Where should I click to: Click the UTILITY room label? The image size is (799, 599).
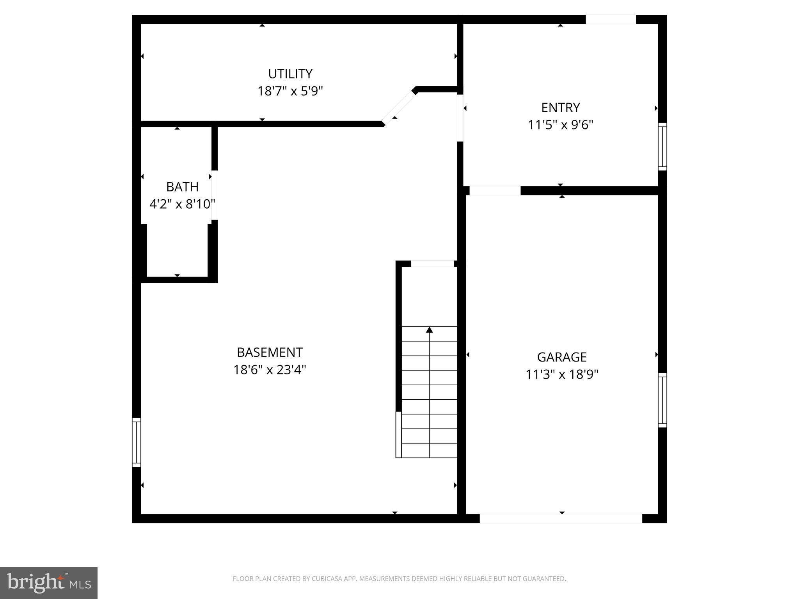(x=290, y=74)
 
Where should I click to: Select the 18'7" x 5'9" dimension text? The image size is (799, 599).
(x=290, y=91)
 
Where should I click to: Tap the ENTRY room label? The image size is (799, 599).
(x=560, y=107)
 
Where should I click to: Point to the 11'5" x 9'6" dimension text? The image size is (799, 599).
(x=560, y=125)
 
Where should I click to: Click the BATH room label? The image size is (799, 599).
(x=182, y=187)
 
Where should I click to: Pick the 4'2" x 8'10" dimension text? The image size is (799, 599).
(x=182, y=204)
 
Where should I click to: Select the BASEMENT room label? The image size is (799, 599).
(x=270, y=352)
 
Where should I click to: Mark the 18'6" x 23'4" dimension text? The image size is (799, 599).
(x=270, y=370)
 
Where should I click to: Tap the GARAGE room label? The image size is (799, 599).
(x=562, y=357)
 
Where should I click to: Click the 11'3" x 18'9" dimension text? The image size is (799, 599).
(x=562, y=374)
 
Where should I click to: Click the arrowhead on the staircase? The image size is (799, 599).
(x=430, y=330)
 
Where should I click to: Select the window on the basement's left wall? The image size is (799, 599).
(x=136, y=442)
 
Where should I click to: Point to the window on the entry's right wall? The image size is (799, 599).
(x=662, y=147)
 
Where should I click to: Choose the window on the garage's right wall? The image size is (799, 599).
(x=662, y=400)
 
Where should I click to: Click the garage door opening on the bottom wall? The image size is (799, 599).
(x=561, y=519)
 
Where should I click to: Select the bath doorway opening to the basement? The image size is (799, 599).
(x=214, y=195)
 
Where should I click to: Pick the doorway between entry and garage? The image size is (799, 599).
(x=495, y=191)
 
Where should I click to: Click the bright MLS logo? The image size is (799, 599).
(x=49, y=583)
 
